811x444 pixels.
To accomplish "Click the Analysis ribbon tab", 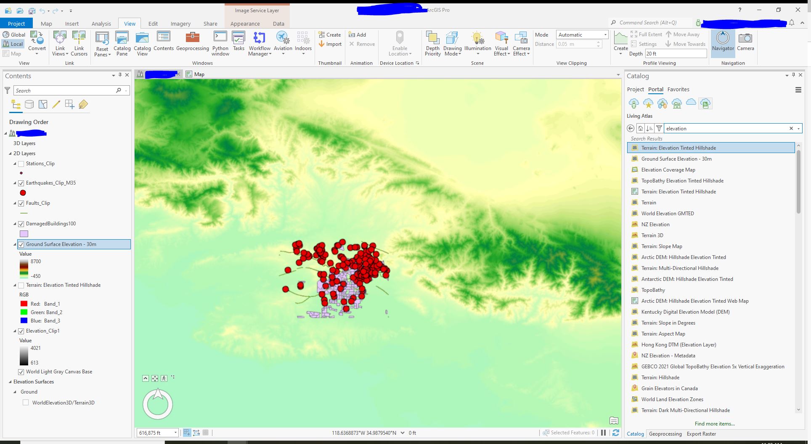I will coord(101,24).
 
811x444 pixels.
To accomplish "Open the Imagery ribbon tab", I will coord(180,24).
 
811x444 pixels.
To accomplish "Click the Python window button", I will coord(220,43).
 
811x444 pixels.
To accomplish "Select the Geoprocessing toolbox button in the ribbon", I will coord(192,42).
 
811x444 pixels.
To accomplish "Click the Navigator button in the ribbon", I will coord(723,42).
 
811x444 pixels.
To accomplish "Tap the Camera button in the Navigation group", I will coord(745,42).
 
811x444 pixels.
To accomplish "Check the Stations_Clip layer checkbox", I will coord(21,164).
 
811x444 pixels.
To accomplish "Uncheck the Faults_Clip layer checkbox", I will coord(21,203).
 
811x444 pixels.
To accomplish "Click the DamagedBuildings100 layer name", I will coord(51,224).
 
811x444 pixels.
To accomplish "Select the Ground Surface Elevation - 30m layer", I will coord(61,244).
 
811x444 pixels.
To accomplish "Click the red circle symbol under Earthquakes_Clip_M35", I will coord(23,193).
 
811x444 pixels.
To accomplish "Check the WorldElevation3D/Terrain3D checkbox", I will coord(26,403).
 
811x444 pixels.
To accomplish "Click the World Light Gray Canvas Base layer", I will coord(59,372).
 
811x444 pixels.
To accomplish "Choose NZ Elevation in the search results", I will coord(655,225).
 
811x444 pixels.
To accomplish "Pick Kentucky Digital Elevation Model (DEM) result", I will coord(685,312).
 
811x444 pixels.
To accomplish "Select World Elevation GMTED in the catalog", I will coord(667,214).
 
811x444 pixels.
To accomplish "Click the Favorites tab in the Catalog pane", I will coord(678,90).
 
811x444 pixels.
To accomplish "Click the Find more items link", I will coord(714,424).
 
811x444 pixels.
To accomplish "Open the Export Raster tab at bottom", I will coord(701,434).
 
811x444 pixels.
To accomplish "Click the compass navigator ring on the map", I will coord(158,404).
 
